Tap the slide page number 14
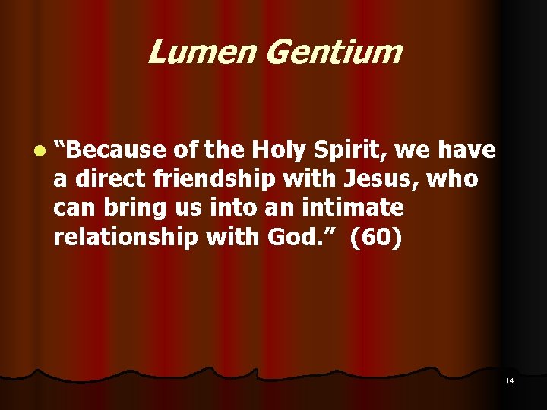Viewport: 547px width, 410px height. (510, 380)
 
